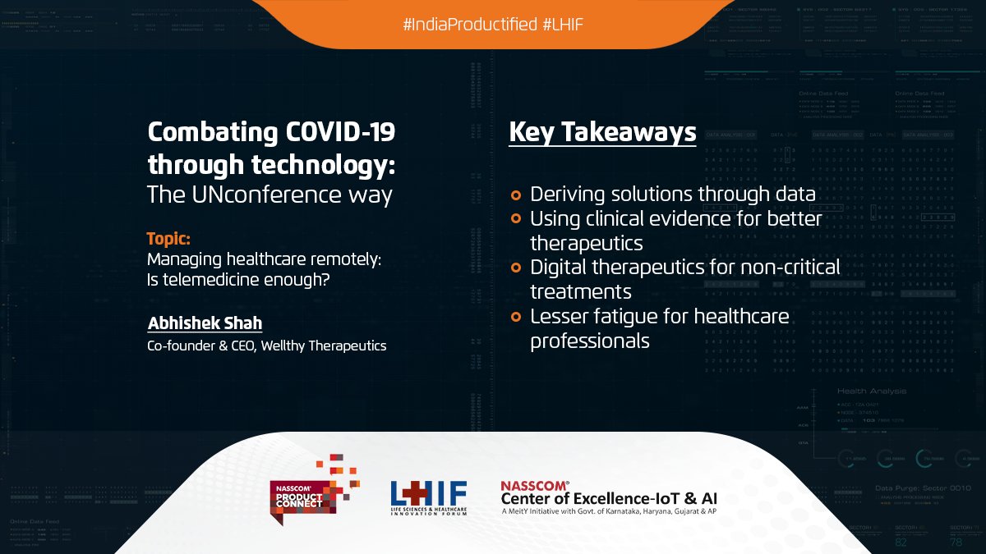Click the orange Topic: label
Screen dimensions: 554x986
pyautogui.click(x=168, y=239)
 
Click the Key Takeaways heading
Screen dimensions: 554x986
pyautogui.click(x=602, y=132)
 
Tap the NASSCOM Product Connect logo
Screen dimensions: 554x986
pyautogui.click(x=313, y=489)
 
